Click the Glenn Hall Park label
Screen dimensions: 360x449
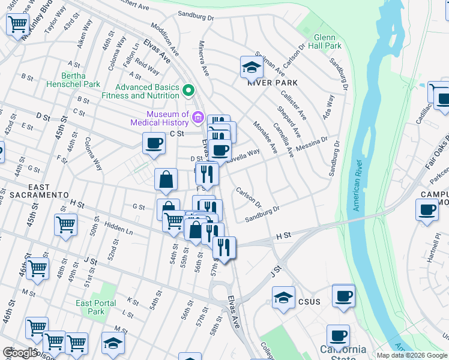[x=324, y=41]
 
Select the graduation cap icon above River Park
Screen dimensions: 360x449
[x=252, y=68]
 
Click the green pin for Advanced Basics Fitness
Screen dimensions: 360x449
[x=188, y=91]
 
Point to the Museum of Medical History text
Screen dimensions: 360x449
[x=167, y=118]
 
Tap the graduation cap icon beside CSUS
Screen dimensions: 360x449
[x=283, y=298]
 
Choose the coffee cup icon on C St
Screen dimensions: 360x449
[x=154, y=143]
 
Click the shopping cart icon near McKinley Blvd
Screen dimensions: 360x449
[x=17, y=25]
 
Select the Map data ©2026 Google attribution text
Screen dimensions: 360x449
[x=412, y=355]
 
